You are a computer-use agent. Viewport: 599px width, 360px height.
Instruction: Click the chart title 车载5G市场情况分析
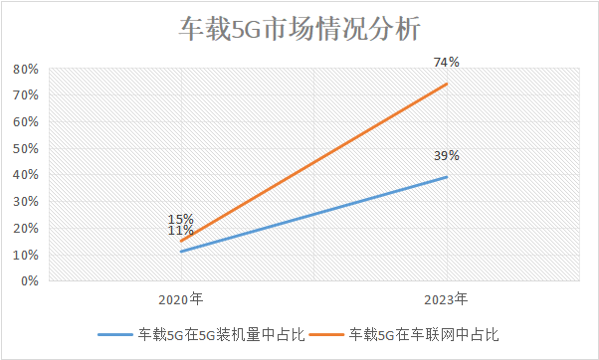click(x=299, y=29)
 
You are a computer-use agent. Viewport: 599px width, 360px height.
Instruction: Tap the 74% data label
click(x=446, y=62)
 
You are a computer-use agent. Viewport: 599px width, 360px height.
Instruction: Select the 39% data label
click(x=446, y=156)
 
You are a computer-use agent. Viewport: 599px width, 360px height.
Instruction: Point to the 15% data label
click(x=180, y=220)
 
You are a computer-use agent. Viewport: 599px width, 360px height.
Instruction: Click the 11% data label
click(x=180, y=232)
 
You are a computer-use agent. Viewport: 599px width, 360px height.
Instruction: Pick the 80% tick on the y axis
click(x=26, y=70)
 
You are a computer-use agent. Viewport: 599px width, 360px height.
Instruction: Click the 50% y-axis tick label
click(x=26, y=149)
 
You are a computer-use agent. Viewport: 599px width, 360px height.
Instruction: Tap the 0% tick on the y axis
click(x=29, y=281)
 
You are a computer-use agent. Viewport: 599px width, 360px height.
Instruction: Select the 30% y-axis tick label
click(x=26, y=202)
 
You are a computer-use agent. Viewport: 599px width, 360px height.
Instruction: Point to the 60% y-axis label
click(x=26, y=122)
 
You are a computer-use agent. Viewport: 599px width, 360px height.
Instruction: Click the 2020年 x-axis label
click(x=180, y=297)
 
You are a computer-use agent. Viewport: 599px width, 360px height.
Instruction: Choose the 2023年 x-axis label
click(x=446, y=297)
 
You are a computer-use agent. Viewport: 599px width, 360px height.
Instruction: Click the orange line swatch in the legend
click(x=328, y=335)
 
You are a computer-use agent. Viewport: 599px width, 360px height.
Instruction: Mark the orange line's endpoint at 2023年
click(x=447, y=84)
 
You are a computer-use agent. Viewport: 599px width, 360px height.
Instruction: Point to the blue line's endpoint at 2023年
click(x=447, y=177)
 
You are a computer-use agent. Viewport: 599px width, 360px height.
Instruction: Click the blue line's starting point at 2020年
click(x=180, y=252)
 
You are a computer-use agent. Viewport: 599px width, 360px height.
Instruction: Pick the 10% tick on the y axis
click(x=26, y=255)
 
